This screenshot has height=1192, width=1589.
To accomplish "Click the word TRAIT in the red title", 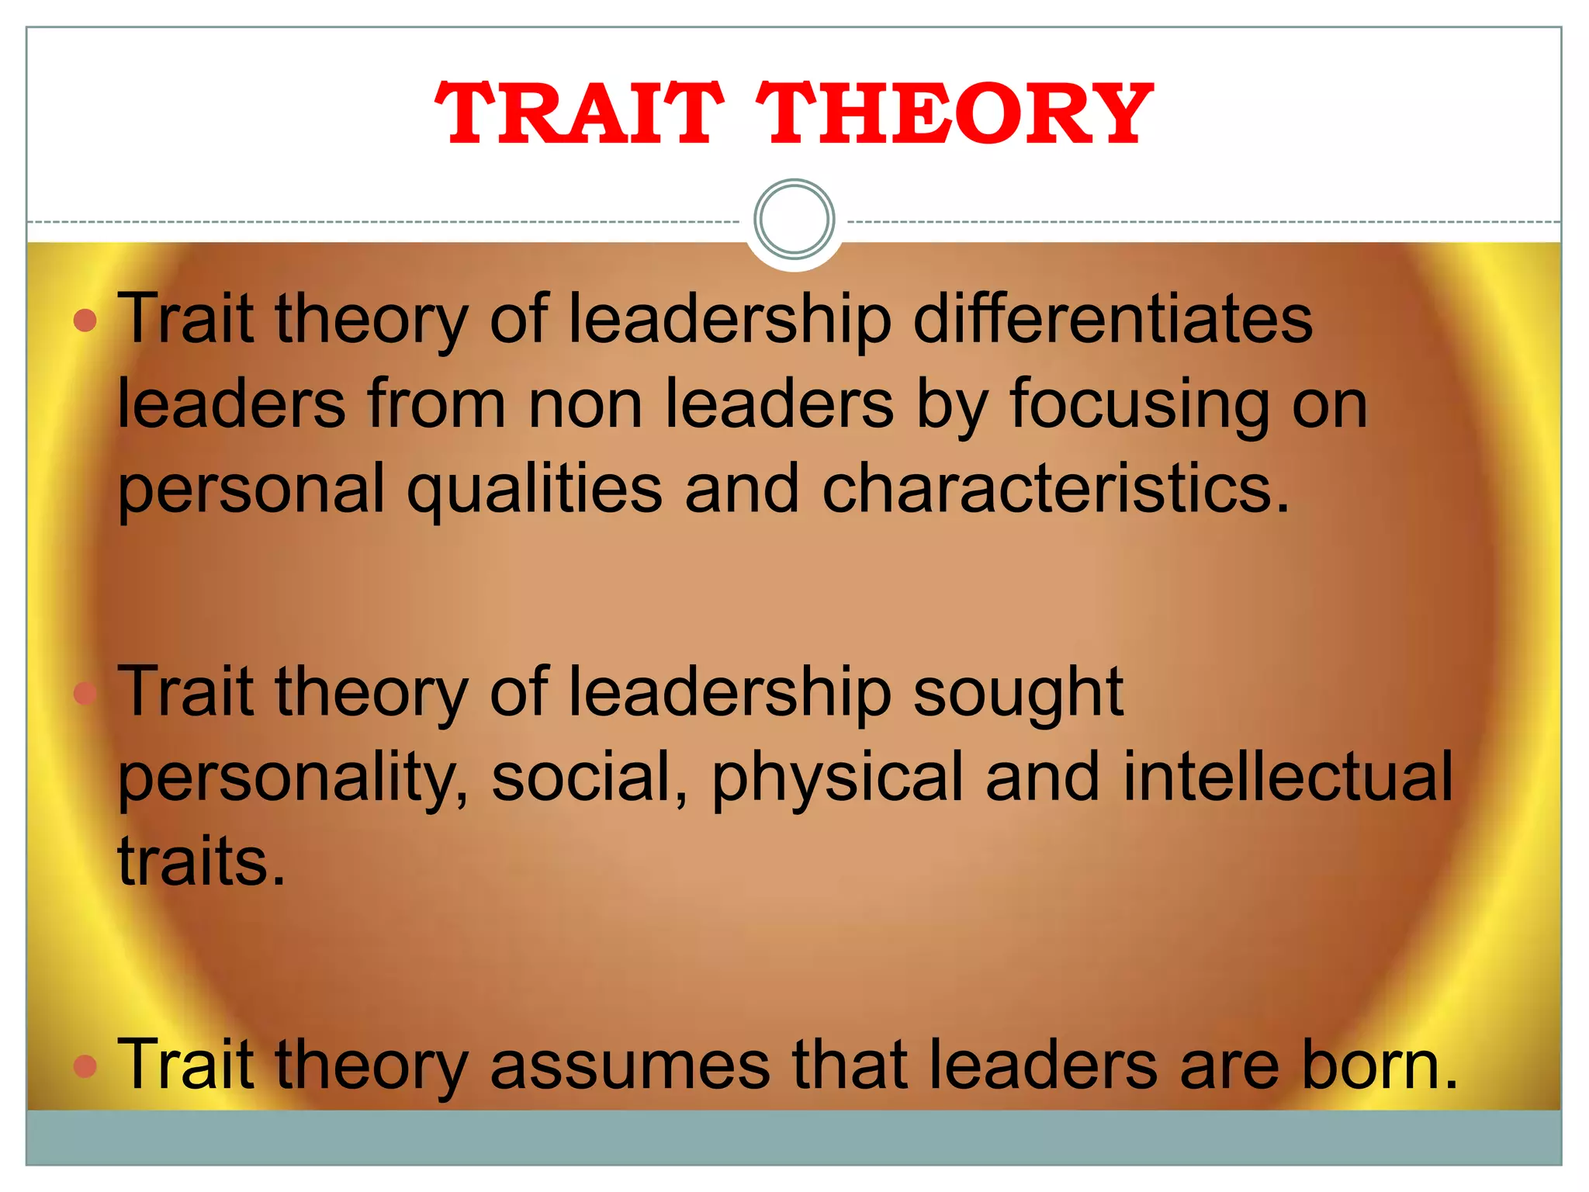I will (580, 114).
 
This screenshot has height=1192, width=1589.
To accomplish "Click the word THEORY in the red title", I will (954, 114).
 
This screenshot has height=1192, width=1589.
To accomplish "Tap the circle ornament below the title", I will (794, 219).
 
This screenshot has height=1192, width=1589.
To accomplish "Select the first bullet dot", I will (85, 320).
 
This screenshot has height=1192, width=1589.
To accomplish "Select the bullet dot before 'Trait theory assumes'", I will (85, 1066).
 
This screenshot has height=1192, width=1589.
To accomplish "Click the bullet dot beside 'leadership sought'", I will (85, 693).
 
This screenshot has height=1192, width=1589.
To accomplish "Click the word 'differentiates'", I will (1113, 319).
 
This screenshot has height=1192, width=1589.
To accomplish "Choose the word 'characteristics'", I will (1047, 489).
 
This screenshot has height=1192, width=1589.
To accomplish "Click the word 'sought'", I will (1018, 693).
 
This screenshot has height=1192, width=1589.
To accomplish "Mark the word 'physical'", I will (837, 778).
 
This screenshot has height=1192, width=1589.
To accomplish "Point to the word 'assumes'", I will (630, 1066).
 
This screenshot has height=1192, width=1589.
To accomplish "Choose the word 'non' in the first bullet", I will (585, 406).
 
